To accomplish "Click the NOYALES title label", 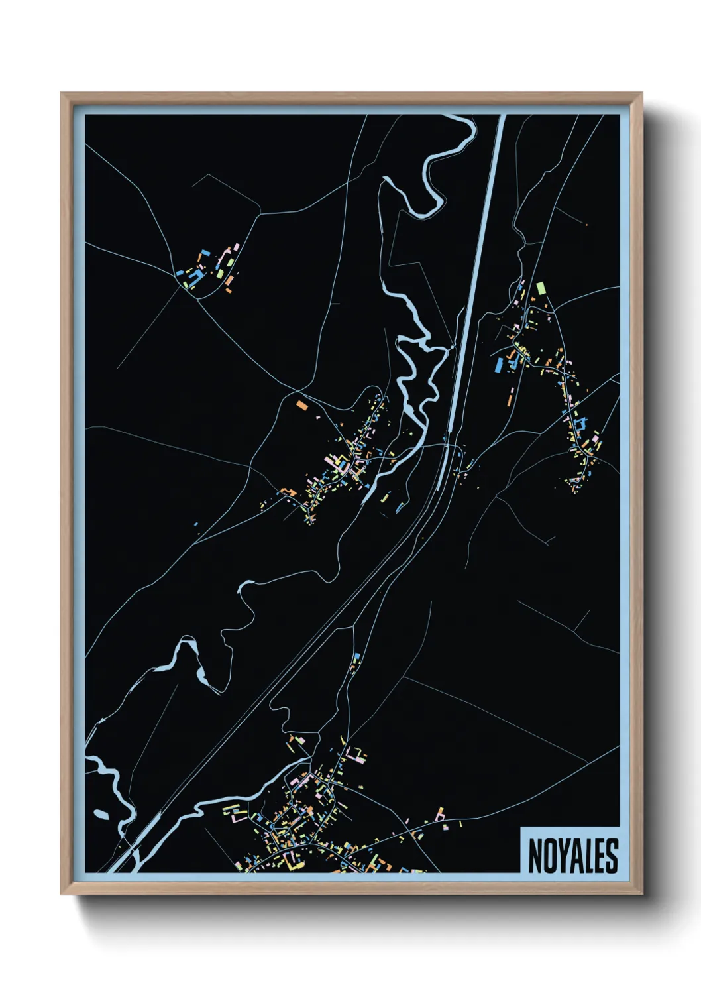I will pyautogui.click(x=572, y=855).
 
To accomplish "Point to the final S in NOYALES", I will pyautogui.click(x=612, y=856).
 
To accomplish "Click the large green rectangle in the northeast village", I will pyautogui.click(x=541, y=288).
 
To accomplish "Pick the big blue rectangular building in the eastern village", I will pyautogui.click(x=499, y=365).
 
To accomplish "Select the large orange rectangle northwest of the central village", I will pyautogui.click(x=302, y=404).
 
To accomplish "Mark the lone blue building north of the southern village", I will pyautogui.click(x=356, y=657).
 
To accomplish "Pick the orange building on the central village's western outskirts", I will pyautogui.click(x=288, y=491).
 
